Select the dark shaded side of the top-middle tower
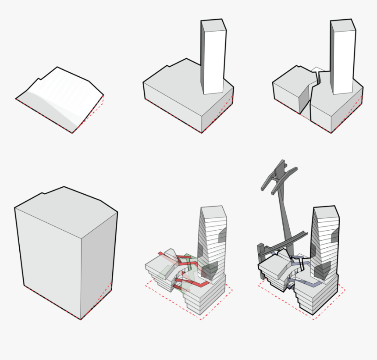tap(203, 57)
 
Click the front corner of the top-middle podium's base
tap(202, 132)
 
